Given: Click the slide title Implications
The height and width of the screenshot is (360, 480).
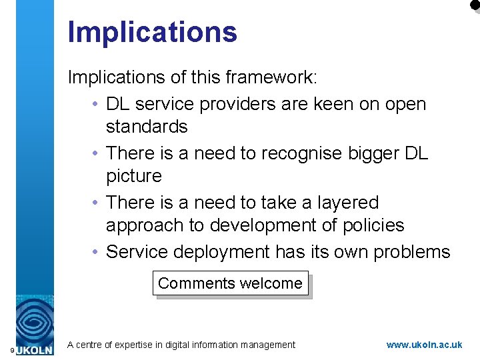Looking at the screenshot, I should [x=152, y=31].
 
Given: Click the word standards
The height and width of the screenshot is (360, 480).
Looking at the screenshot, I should [x=147, y=127].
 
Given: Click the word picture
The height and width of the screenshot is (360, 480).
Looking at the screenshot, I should [x=133, y=176].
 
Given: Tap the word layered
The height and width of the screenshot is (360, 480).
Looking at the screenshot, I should [x=345, y=203].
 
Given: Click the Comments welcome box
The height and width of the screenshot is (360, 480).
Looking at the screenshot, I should [x=231, y=283].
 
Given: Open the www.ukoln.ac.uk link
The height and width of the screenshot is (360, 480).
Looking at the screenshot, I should [x=424, y=345].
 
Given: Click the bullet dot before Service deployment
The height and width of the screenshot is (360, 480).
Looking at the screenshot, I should [x=97, y=252].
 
